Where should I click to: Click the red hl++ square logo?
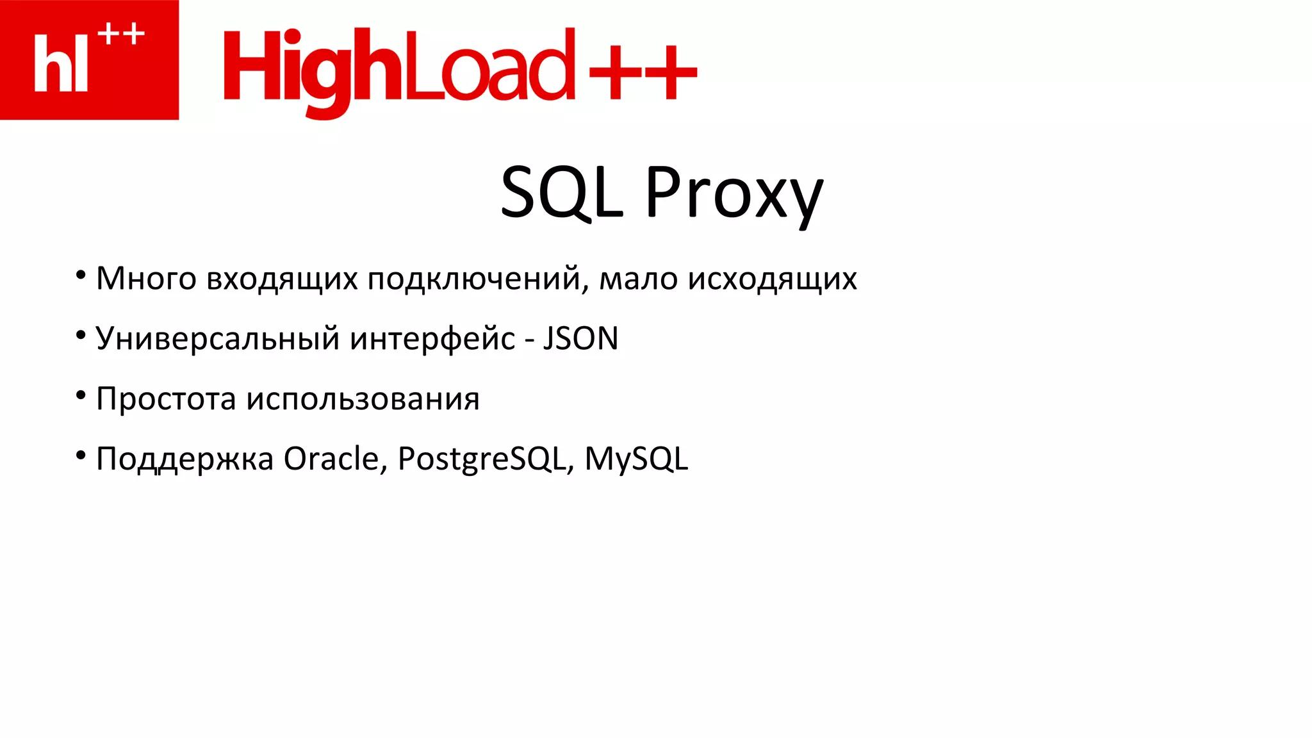[89, 60]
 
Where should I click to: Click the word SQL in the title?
[561, 192]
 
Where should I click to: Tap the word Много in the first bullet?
[146, 279]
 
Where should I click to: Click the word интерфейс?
[432, 339]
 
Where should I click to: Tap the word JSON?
[580, 338]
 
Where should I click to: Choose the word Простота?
[166, 399]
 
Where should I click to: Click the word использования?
[363, 399]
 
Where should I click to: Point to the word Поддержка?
[184, 459]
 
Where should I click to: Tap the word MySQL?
[636, 459]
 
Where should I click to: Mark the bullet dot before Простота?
[81, 395]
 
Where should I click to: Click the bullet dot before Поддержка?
[81, 455]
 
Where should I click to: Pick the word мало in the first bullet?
[638, 279]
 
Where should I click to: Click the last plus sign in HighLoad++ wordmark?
[671, 72]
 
